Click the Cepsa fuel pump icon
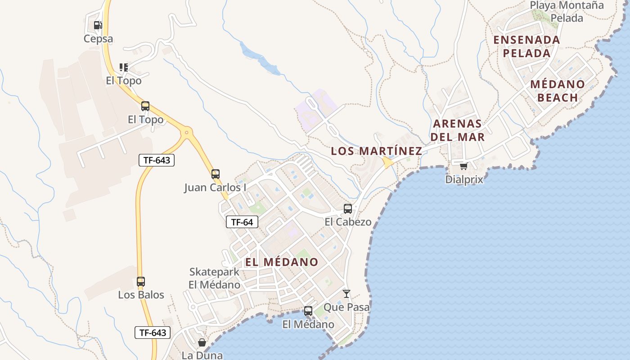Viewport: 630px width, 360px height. point(98,25)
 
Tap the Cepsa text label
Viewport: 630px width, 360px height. point(98,39)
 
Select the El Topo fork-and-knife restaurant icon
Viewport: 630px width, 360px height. point(124,67)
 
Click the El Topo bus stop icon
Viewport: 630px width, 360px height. point(145,107)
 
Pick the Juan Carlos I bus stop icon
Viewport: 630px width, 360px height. point(216,174)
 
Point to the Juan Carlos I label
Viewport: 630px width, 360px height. point(215,187)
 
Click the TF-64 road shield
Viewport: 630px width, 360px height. point(242,222)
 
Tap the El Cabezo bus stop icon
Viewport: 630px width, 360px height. point(348,209)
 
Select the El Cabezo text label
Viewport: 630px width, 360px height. point(348,222)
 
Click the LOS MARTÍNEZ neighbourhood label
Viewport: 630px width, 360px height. point(377,151)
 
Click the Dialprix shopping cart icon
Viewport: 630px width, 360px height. point(463,166)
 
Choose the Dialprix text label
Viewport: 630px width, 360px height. point(464,180)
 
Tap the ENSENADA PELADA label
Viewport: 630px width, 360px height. point(527,46)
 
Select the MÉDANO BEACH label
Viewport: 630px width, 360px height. point(558,91)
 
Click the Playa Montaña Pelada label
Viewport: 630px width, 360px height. point(567,12)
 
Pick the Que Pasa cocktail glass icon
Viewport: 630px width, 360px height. point(346,294)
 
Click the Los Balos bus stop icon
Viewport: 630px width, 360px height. point(141,282)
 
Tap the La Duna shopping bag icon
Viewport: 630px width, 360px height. point(202,342)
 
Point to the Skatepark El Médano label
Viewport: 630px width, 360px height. point(214,278)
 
